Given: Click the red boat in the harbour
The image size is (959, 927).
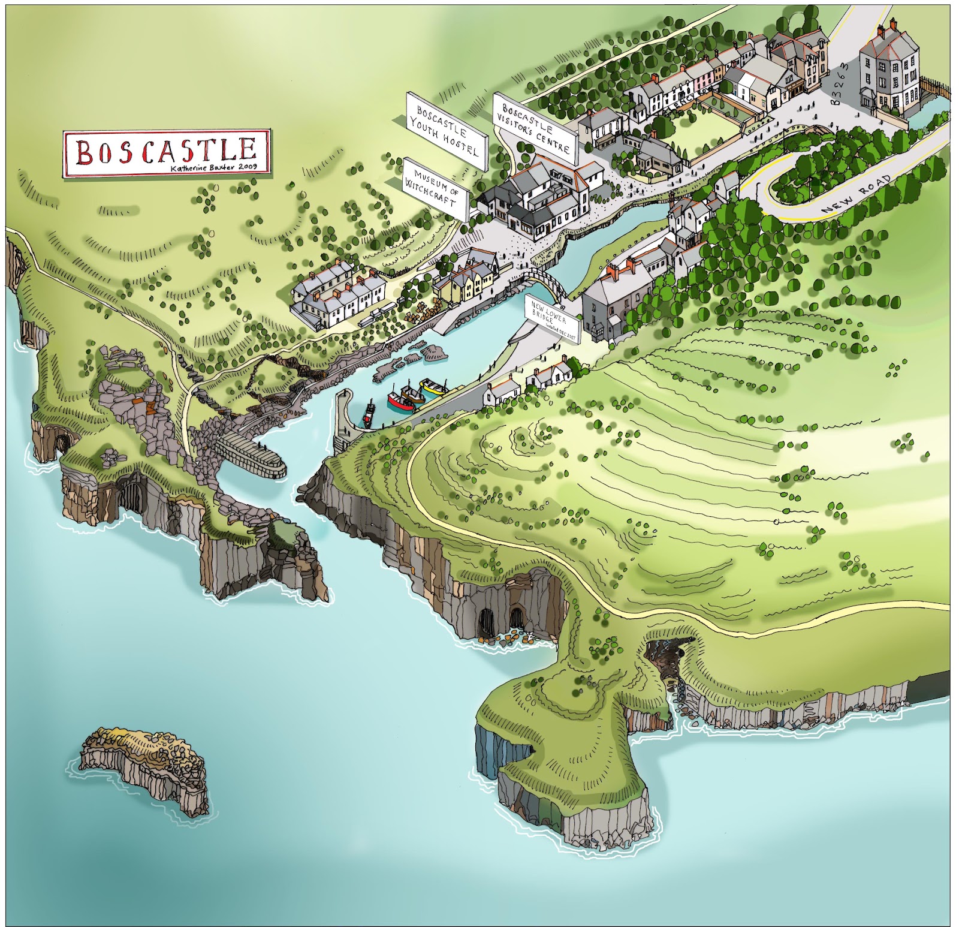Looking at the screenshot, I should pos(400,400).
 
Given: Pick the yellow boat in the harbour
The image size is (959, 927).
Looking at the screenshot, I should pos(433,387).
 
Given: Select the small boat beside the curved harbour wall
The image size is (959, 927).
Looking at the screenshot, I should pos(369,414).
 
